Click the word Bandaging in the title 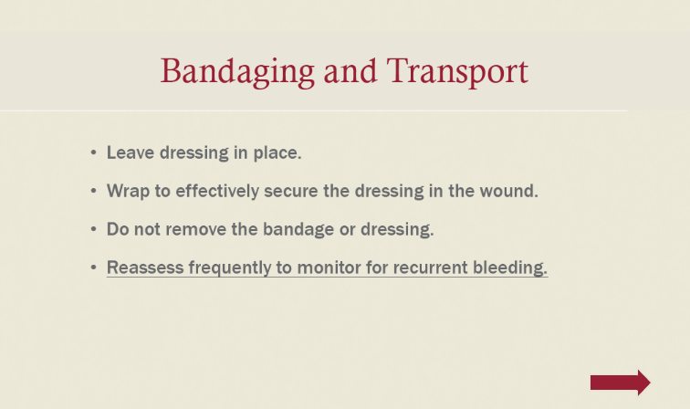(237, 72)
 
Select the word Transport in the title (457, 72)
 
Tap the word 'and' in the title (350, 71)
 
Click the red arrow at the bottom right (621, 383)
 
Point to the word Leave (131, 152)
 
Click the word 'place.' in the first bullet (277, 153)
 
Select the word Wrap (128, 192)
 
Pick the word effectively (217, 192)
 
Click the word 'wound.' (508, 191)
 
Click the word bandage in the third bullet (298, 230)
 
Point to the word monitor (329, 267)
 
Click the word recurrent (431, 267)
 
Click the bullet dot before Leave (93, 152)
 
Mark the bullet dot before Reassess (93, 267)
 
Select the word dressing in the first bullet (194, 153)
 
